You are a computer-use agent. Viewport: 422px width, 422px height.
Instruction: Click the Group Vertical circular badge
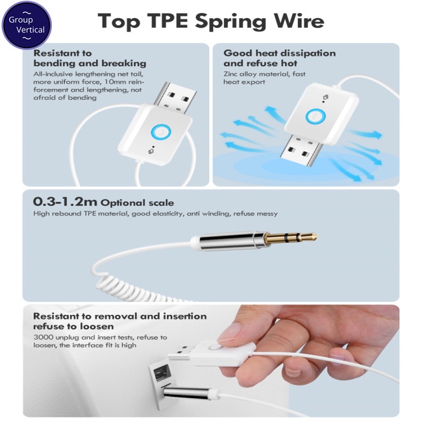(27, 25)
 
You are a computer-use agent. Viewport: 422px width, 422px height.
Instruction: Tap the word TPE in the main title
(168, 21)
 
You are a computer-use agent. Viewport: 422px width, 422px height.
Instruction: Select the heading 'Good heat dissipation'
(279, 53)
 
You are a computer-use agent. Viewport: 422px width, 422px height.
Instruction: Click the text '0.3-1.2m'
(65, 201)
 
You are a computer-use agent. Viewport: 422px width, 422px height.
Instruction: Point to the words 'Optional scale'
(137, 203)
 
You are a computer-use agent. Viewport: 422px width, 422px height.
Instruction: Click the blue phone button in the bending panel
(161, 132)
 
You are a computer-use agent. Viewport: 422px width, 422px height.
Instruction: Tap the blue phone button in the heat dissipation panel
(316, 116)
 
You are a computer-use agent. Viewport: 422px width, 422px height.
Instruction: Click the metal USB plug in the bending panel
(175, 97)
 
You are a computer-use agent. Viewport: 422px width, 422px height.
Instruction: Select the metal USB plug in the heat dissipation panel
(301, 149)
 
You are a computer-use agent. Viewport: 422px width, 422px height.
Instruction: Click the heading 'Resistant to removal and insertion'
(119, 316)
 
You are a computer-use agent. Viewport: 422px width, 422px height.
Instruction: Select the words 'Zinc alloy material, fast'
(264, 74)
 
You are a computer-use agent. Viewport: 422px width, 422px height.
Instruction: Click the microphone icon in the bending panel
(151, 151)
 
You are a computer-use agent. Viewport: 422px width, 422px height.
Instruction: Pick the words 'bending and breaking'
(90, 64)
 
